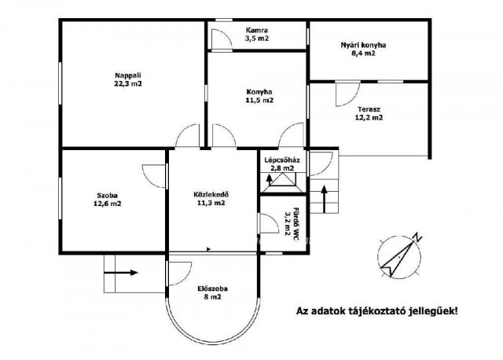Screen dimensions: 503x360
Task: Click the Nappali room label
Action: (128, 75)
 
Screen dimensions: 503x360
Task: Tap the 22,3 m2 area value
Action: (128, 84)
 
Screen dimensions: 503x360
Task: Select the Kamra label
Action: (257, 31)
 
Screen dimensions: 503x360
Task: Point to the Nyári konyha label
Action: (363, 45)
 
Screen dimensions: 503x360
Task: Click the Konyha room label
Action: (259, 92)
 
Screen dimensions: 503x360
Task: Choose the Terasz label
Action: (369, 109)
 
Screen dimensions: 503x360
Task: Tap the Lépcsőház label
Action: (282, 160)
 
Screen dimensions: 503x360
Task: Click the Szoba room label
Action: (108, 195)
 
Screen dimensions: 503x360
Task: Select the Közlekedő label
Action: (211, 194)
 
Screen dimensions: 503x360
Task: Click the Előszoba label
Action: (212, 288)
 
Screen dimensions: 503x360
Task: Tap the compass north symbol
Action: (399, 255)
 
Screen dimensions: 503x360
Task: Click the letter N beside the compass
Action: (417, 237)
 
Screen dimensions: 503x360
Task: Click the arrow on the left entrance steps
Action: (120, 273)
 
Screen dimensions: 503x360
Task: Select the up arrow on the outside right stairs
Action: (325, 199)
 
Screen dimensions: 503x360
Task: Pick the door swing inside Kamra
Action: (222, 39)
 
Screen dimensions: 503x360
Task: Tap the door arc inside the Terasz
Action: (347, 94)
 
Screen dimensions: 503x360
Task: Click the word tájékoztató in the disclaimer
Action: (376, 311)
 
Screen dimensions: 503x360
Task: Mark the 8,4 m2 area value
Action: (363, 53)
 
